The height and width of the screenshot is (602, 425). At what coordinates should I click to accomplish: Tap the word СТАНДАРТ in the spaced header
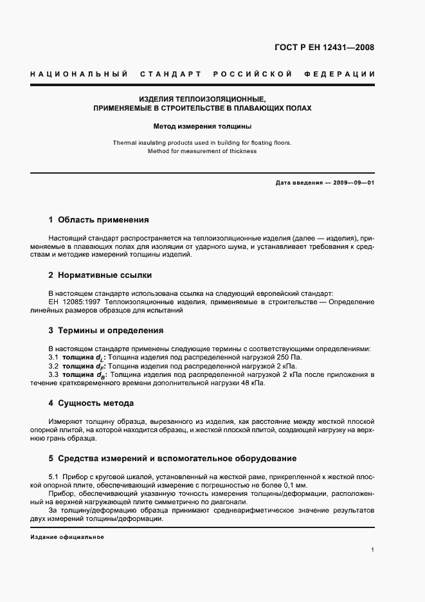coord(171,75)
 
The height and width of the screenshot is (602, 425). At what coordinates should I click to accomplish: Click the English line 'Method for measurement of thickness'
coord(202,151)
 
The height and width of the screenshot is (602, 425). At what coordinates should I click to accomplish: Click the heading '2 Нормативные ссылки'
coord(100,275)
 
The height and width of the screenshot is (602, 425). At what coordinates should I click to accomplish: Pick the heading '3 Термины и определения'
coord(106,331)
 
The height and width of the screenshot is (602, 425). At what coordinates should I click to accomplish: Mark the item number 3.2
coord(54,366)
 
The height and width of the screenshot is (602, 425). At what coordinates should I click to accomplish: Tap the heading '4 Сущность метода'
coord(91,403)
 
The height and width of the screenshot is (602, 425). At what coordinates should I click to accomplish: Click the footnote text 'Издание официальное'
coord(67,537)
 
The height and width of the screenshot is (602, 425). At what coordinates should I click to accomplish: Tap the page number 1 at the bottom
coord(373,550)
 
